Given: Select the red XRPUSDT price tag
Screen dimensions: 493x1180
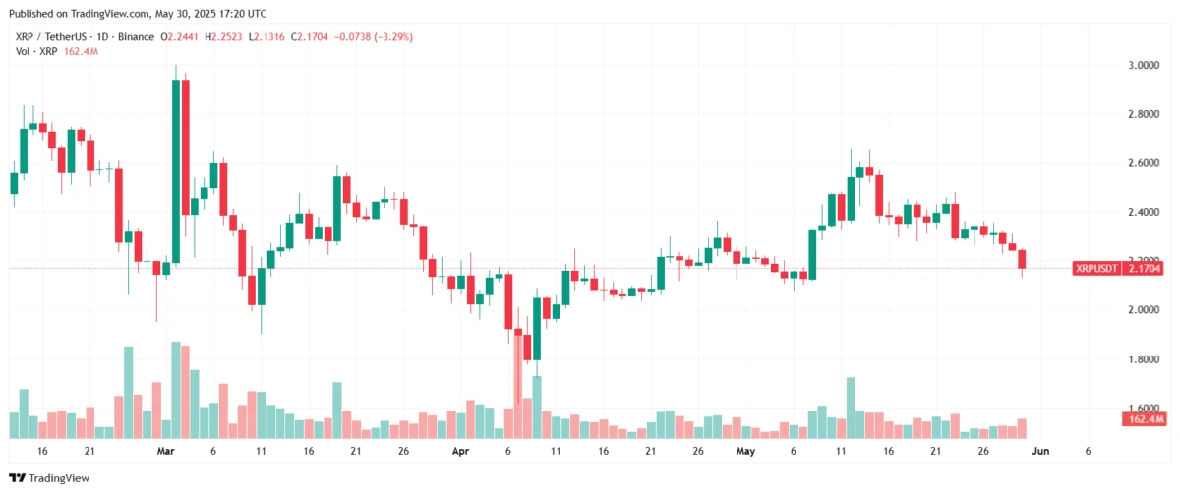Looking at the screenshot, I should pyautogui.click(x=1120, y=267).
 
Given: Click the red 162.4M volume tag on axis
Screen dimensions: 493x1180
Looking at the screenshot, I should pyautogui.click(x=1143, y=419).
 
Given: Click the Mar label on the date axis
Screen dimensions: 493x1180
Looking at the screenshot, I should pyautogui.click(x=164, y=451).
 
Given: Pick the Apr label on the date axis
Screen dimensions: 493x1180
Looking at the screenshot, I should pyautogui.click(x=460, y=451).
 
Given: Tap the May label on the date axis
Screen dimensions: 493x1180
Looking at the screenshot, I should pyautogui.click(x=745, y=451).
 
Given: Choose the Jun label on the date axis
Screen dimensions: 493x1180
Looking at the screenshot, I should pyautogui.click(x=1039, y=451).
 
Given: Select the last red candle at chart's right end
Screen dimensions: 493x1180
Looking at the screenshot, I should pyautogui.click(x=1023, y=259).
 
